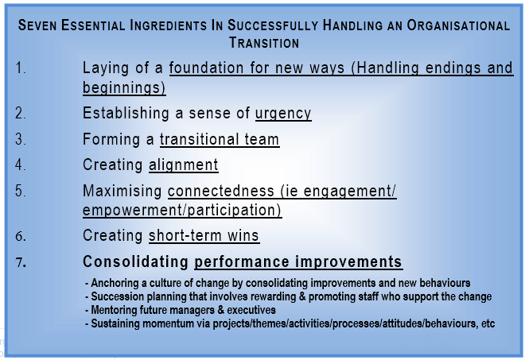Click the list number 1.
tap(21, 68)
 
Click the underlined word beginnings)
tap(124, 87)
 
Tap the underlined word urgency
tap(283, 113)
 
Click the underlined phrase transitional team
tap(220, 140)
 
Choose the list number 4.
tap(21, 165)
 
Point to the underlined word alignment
tap(183, 165)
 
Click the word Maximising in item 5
tap(122, 192)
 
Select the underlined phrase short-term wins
tap(204, 236)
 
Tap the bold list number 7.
tap(21, 262)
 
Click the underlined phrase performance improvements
tap(298, 262)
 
